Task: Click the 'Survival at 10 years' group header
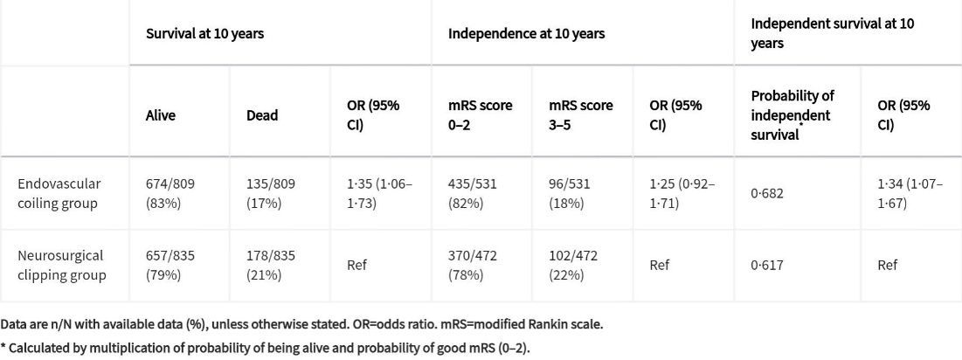click(x=204, y=33)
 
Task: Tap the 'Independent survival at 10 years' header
click(x=832, y=33)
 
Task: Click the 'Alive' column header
click(x=160, y=115)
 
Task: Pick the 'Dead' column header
click(x=262, y=115)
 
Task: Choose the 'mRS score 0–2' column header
click(x=480, y=115)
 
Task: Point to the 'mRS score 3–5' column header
click(x=580, y=115)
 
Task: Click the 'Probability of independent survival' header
click(x=791, y=114)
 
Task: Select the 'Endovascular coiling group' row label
click(x=59, y=193)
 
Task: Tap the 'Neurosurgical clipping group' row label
click(x=61, y=265)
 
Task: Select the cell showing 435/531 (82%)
click(x=476, y=193)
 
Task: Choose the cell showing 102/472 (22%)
click(x=578, y=265)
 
